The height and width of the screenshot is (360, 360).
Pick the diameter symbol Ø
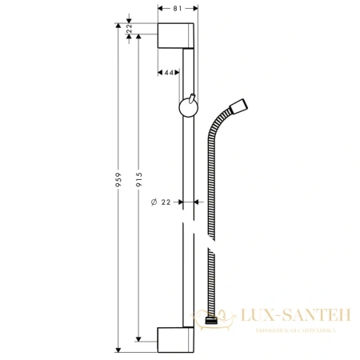pyautogui.click(x=153, y=202)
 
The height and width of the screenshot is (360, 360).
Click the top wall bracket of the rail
pyautogui.click(x=176, y=36)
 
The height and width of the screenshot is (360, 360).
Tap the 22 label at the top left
pyautogui.click(x=129, y=29)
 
